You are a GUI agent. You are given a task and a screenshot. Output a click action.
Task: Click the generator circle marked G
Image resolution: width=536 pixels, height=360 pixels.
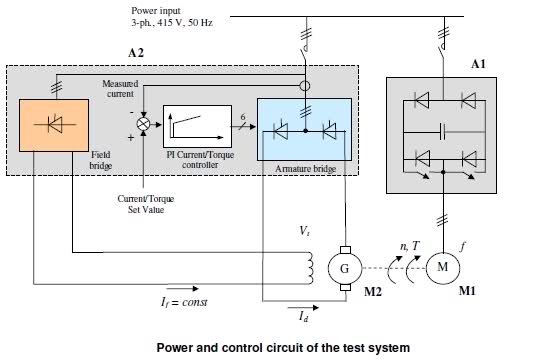(x=345, y=268)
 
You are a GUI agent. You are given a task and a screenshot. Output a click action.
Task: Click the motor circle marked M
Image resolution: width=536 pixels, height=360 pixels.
(x=443, y=268)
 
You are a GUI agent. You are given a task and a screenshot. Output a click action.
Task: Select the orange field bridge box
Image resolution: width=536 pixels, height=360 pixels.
(x=54, y=125)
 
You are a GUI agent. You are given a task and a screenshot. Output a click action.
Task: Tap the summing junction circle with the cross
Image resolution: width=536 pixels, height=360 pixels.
(x=143, y=124)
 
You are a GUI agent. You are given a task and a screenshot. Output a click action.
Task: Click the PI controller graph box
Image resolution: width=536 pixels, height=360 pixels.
(x=197, y=126)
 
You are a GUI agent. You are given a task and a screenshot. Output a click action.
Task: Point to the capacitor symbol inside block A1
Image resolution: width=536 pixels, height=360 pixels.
(x=442, y=132)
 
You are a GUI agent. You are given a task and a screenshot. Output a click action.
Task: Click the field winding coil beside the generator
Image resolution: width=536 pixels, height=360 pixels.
(x=310, y=268)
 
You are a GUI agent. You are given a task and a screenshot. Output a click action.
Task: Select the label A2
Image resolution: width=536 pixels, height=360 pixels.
(x=136, y=53)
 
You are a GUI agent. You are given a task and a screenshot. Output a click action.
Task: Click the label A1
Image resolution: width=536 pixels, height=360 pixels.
(x=478, y=64)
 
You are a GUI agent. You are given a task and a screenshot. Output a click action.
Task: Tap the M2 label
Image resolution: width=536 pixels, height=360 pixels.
(x=373, y=291)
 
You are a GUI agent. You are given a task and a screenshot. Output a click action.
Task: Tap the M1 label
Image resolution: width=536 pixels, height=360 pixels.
(x=467, y=291)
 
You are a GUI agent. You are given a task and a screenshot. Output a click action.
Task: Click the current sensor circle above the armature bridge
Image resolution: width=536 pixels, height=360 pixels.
(x=305, y=85)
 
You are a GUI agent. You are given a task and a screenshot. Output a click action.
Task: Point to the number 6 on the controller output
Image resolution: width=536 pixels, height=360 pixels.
(x=243, y=117)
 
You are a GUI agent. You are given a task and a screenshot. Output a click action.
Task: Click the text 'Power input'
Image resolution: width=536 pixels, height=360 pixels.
(x=156, y=11)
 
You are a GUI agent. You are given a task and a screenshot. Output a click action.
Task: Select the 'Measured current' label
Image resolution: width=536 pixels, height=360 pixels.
(x=120, y=89)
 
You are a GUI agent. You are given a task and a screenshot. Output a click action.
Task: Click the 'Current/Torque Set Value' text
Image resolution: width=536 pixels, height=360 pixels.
(x=146, y=204)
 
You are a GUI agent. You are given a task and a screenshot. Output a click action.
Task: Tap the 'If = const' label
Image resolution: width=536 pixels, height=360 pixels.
(x=184, y=302)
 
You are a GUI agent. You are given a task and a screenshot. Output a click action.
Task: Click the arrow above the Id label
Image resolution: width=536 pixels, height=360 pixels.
(x=303, y=308)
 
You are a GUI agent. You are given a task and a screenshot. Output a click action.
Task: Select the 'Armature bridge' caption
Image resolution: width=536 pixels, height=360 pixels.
(x=306, y=169)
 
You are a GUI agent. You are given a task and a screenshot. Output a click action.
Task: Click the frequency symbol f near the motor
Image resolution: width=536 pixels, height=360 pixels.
(x=463, y=246)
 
